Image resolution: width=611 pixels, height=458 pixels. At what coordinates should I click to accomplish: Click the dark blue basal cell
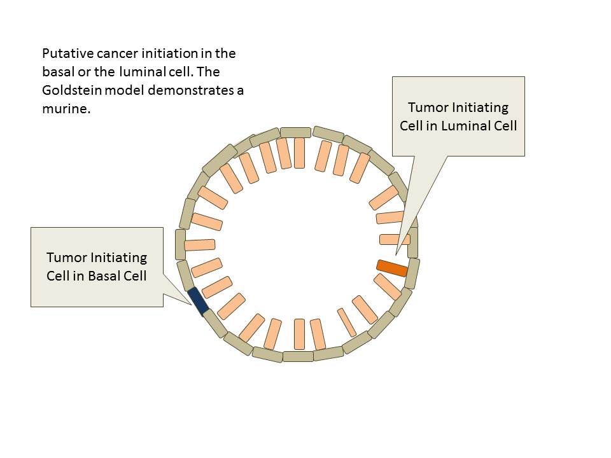click(x=199, y=301)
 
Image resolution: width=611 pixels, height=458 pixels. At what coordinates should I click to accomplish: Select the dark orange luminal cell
click(x=392, y=268)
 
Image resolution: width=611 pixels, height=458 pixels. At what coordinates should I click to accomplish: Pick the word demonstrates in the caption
click(x=201, y=90)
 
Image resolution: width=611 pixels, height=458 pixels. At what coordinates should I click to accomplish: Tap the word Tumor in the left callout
click(x=66, y=258)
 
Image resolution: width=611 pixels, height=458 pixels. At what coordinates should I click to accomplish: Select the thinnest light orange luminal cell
click(x=347, y=323)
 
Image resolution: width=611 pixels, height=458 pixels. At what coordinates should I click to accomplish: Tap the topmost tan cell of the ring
click(x=295, y=132)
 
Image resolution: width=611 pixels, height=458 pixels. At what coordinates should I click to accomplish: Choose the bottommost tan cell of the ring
click(x=298, y=356)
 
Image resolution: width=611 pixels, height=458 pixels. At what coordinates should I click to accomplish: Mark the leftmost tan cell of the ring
click(x=180, y=244)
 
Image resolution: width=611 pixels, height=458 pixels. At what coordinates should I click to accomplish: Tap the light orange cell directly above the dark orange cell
click(x=395, y=240)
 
